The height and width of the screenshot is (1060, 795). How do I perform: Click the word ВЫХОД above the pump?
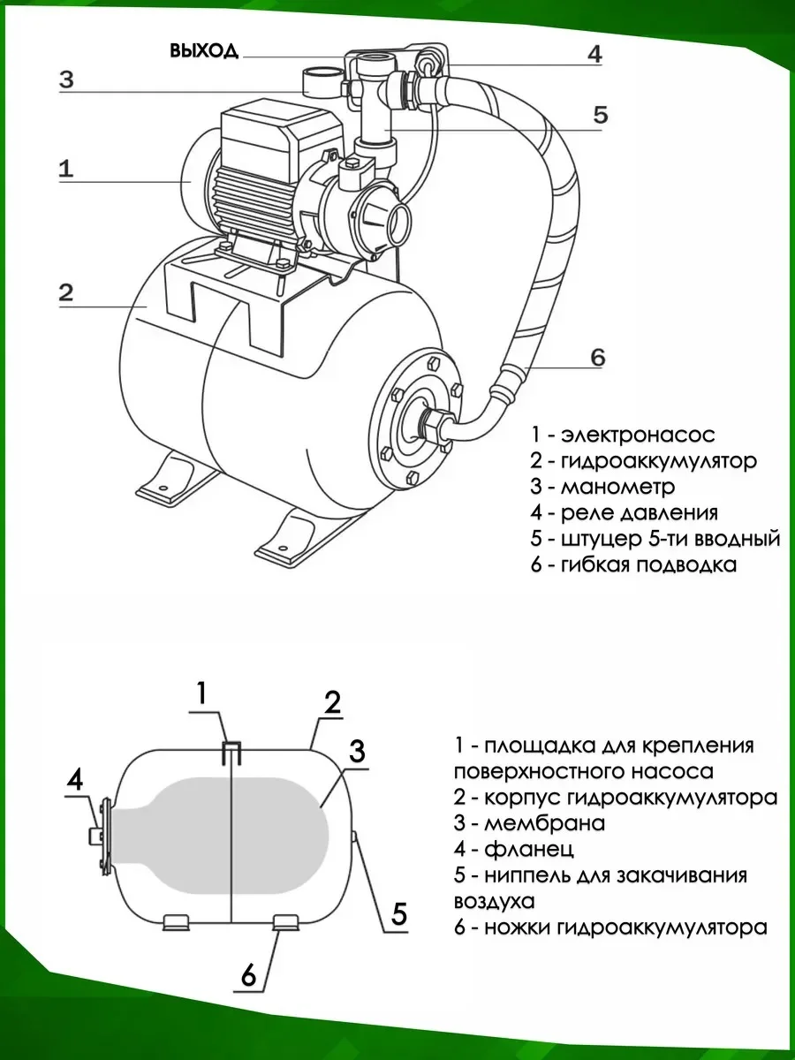[204, 50]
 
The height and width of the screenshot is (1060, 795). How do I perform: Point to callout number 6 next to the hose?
[597, 358]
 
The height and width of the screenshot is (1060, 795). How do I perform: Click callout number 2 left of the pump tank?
[65, 293]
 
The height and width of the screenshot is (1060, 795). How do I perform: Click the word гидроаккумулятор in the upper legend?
[658, 461]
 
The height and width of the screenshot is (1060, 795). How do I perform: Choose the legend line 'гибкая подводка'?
[648, 564]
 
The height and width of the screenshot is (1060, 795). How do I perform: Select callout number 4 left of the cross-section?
[76, 779]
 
